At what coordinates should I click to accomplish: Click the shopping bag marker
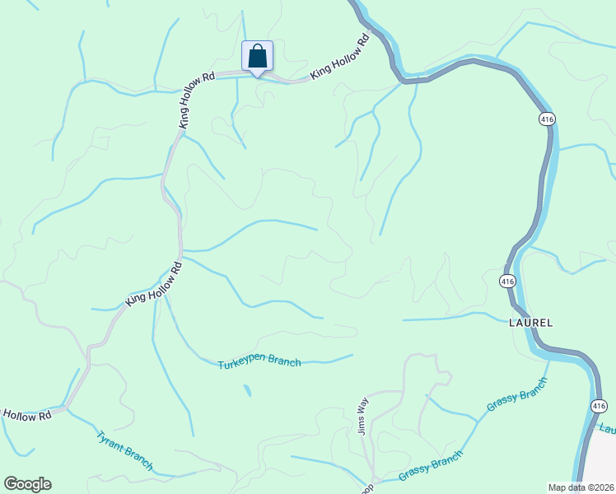257,57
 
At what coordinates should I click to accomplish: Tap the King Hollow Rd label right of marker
339,58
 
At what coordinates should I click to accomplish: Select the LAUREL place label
530,322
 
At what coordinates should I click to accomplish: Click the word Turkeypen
240,364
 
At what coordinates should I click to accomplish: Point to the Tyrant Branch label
124,451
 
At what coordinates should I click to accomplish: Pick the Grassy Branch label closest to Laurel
517,395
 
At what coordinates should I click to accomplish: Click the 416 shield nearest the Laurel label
507,282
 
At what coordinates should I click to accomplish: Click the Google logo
27,484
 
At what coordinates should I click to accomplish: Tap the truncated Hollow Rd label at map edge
26,415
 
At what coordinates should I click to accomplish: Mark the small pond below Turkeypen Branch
247,391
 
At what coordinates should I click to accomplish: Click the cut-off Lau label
608,429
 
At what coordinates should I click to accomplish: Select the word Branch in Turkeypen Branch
284,362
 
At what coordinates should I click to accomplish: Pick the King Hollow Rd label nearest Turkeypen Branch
153,285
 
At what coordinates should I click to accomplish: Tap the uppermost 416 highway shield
548,119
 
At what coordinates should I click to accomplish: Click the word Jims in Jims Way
361,424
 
